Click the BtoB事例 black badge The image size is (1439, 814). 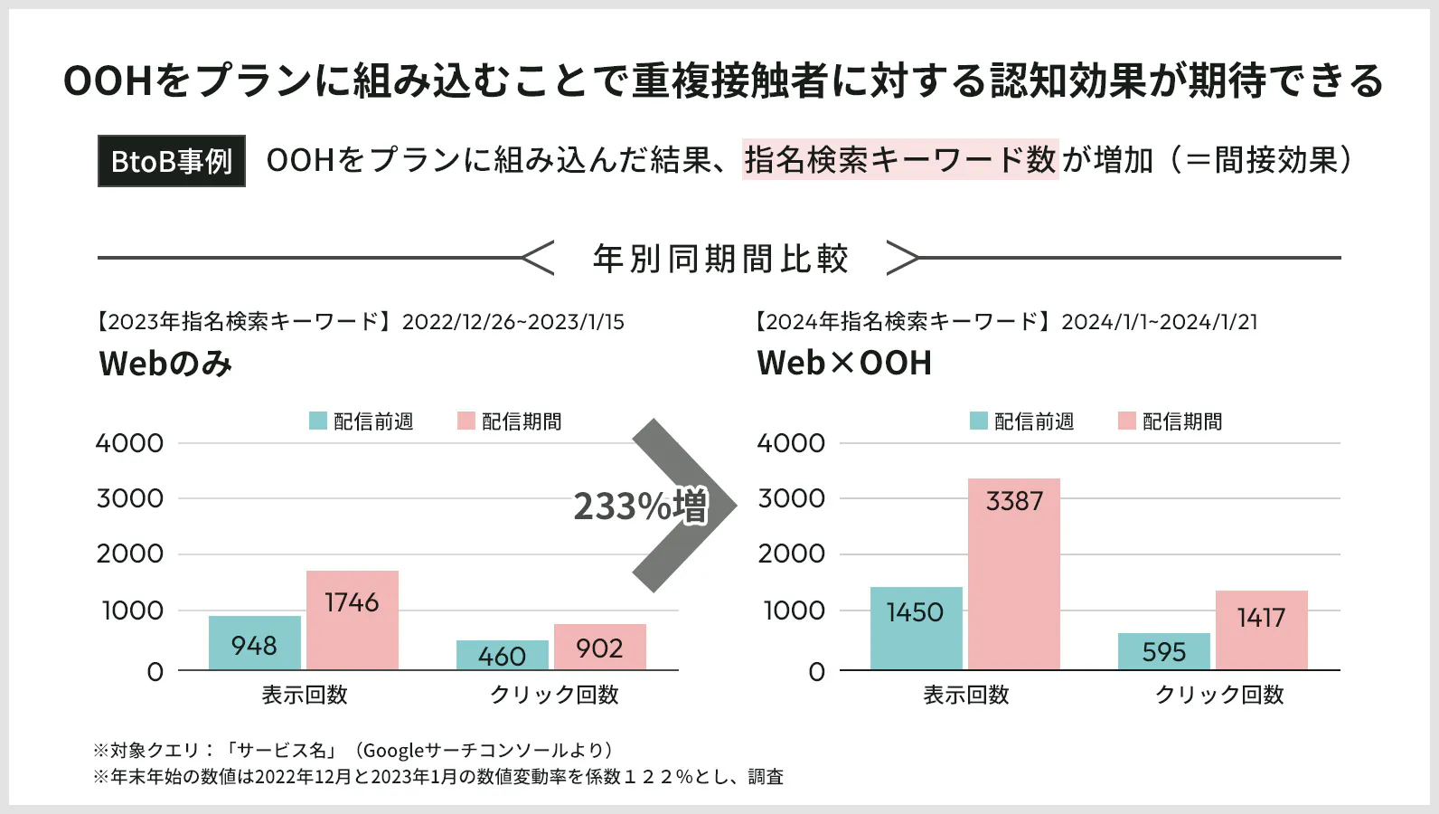(x=172, y=161)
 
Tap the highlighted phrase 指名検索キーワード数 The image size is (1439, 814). (x=899, y=160)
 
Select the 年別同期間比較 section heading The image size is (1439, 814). (x=720, y=259)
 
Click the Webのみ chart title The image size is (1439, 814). (x=165, y=364)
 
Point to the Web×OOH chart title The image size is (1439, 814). (x=844, y=363)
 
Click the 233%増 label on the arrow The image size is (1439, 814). (x=641, y=506)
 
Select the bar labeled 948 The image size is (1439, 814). (x=255, y=643)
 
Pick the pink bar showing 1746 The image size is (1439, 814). (x=353, y=620)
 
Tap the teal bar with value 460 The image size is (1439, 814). (x=503, y=655)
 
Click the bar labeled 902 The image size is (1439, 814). (x=600, y=647)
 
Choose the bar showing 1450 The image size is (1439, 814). (x=916, y=629)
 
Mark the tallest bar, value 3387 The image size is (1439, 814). (x=1014, y=574)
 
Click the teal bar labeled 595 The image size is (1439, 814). (x=1163, y=651)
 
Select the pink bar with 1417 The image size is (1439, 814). (x=1261, y=630)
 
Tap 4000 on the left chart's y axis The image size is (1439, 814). (x=129, y=443)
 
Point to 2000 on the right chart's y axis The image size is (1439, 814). (x=791, y=554)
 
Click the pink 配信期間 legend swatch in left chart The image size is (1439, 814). (x=466, y=421)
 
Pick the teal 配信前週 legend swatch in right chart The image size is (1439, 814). (x=979, y=421)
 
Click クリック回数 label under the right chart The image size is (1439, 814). (x=1219, y=695)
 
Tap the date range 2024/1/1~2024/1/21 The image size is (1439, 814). (x=1159, y=322)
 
